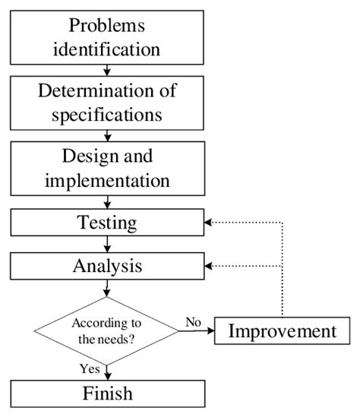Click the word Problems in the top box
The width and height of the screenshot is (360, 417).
[x=107, y=25]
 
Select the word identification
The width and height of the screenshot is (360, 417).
[x=107, y=50]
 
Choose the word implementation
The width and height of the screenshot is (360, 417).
[x=107, y=182]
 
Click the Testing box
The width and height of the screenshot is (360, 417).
[x=107, y=223]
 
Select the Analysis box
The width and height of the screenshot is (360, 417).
[x=107, y=266]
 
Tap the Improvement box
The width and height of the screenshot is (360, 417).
[x=283, y=331]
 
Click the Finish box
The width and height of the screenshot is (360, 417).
[x=107, y=393]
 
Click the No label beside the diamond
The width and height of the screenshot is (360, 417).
[x=193, y=322]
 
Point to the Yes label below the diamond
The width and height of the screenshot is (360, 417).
[x=90, y=368]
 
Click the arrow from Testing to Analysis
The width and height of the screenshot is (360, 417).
[x=108, y=245]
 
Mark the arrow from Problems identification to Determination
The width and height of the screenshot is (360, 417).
[x=108, y=71]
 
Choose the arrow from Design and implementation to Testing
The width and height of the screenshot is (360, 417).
[x=108, y=202]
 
